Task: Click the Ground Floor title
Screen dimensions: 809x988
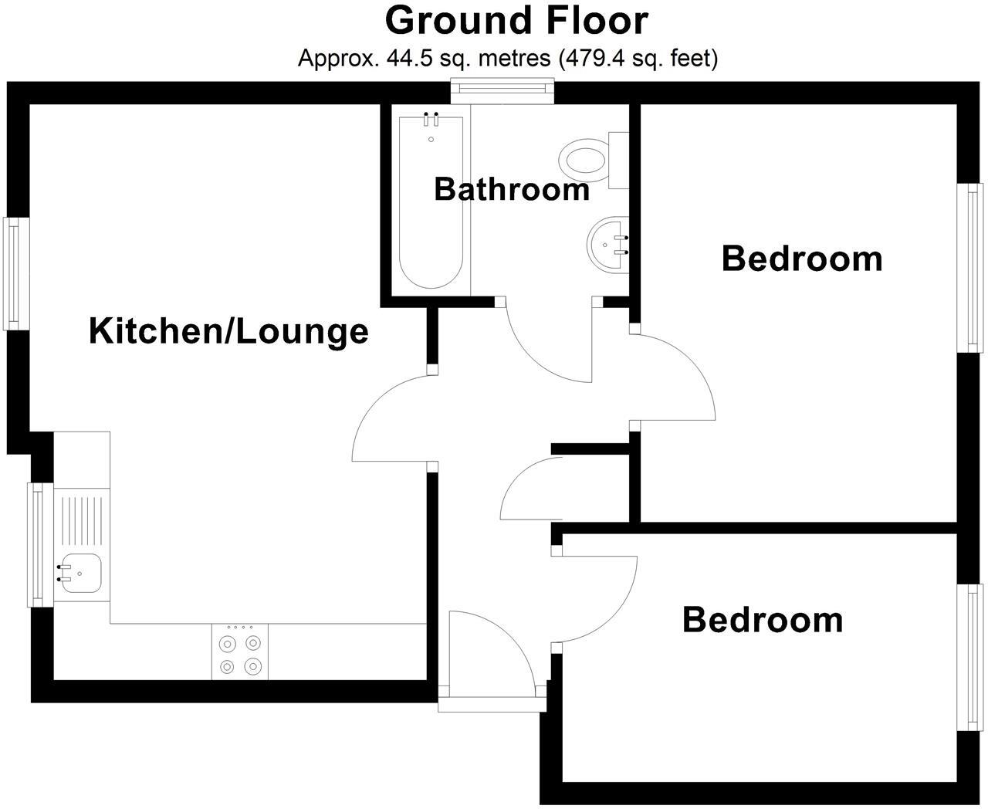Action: point(516,21)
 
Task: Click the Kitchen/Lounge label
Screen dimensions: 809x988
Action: point(228,331)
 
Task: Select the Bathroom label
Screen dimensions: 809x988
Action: point(511,189)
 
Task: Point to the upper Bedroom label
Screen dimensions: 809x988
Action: point(801,258)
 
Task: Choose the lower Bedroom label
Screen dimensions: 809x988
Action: point(763,620)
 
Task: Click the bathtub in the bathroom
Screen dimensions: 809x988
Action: point(431,205)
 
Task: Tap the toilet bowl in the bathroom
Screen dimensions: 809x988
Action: point(584,161)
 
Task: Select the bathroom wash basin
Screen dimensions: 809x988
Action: point(610,245)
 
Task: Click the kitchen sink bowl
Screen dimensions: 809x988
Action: point(81,574)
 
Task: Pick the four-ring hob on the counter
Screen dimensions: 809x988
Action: point(239,652)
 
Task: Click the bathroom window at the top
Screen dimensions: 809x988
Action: point(503,91)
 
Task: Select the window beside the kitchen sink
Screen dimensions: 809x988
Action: point(39,544)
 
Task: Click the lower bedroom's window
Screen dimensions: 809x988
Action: point(971,657)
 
